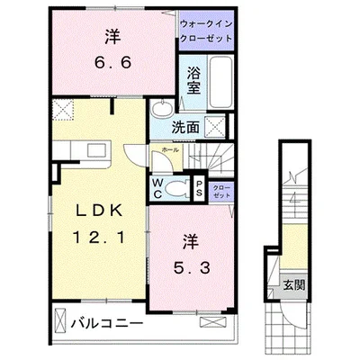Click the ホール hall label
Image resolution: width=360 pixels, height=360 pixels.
(167, 149)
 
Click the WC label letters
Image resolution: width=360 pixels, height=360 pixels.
(157, 187)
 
